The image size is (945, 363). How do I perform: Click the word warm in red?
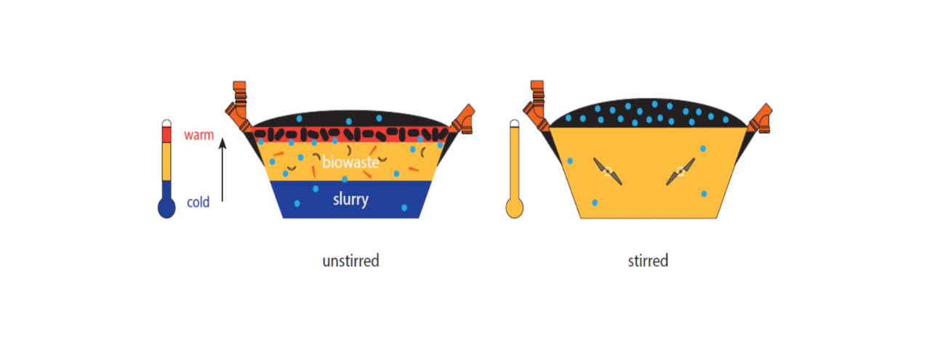pos(198,135)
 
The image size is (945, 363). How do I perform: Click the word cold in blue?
pos(198,202)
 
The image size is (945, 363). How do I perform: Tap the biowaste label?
pos(350,162)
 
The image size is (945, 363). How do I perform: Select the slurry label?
pos(350,199)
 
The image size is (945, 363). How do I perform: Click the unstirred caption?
pos(350,261)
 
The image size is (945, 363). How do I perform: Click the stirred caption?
pos(648,261)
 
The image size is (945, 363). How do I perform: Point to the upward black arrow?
pos(222,170)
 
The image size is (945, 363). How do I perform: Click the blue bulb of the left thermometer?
pos(166,207)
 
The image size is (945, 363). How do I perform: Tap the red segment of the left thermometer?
pos(166,135)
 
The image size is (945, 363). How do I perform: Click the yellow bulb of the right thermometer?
pos(514,208)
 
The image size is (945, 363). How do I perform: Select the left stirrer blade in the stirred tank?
pos(608,171)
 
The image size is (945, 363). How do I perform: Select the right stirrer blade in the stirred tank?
pos(680,171)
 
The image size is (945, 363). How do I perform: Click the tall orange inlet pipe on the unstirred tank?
pos(238,105)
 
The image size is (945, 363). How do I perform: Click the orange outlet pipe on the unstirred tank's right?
pos(464,119)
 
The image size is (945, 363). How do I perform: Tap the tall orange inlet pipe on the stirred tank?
pos(536,105)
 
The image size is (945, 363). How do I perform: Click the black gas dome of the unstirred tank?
pos(350,119)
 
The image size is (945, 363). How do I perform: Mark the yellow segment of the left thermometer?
pos(166,162)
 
